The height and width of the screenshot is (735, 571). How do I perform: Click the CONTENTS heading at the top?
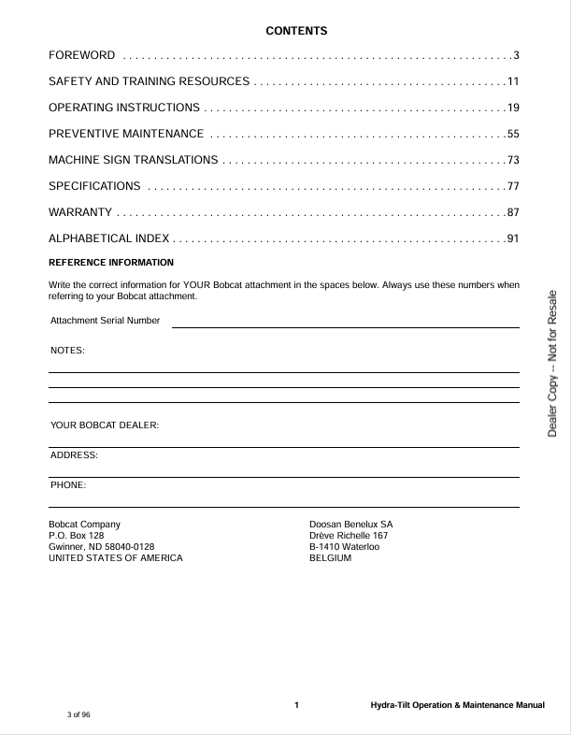pos(296,31)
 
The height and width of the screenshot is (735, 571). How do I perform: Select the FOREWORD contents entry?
pos(82,56)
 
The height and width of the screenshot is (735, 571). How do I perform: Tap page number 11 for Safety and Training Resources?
pos(512,82)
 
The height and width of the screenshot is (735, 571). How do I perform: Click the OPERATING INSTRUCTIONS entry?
pos(124,108)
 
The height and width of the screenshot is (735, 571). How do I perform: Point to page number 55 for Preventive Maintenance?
pos(512,134)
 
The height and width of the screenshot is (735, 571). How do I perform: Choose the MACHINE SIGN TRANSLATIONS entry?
pos(134,160)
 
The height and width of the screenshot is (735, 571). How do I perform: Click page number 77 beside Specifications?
pos(512,186)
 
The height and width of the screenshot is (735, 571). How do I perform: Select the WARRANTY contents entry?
pos(80,212)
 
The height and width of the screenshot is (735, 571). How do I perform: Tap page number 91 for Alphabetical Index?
pos(512,238)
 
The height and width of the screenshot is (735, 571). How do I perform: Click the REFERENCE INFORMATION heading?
pos(111,262)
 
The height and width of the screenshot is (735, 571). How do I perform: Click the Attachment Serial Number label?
pos(105,321)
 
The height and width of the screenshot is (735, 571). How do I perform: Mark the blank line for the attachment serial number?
pos(345,326)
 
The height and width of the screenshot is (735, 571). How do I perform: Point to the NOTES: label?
pos(67,351)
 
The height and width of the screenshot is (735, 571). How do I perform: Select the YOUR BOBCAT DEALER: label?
pos(105,425)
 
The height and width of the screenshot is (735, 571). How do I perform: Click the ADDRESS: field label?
pos(74,455)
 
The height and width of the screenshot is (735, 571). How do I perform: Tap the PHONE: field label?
pos(68,485)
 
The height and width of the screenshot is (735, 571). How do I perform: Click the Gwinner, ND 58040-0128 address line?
pos(101,546)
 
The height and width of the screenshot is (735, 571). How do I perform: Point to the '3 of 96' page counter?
pos(79,714)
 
